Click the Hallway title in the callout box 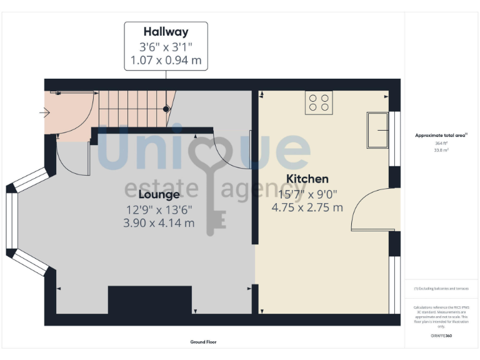point(166,32)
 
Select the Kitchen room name point(307,179)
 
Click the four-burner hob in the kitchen point(319,102)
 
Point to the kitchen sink point(377,130)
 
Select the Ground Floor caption point(204,342)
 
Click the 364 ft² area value point(442,144)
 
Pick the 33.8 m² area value point(442,150)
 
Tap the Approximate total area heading point(441,135)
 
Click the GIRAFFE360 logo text point(441,337)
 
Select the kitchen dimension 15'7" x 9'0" point(307,194)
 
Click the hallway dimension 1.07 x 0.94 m point(166,61)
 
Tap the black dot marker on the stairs point(166,109)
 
